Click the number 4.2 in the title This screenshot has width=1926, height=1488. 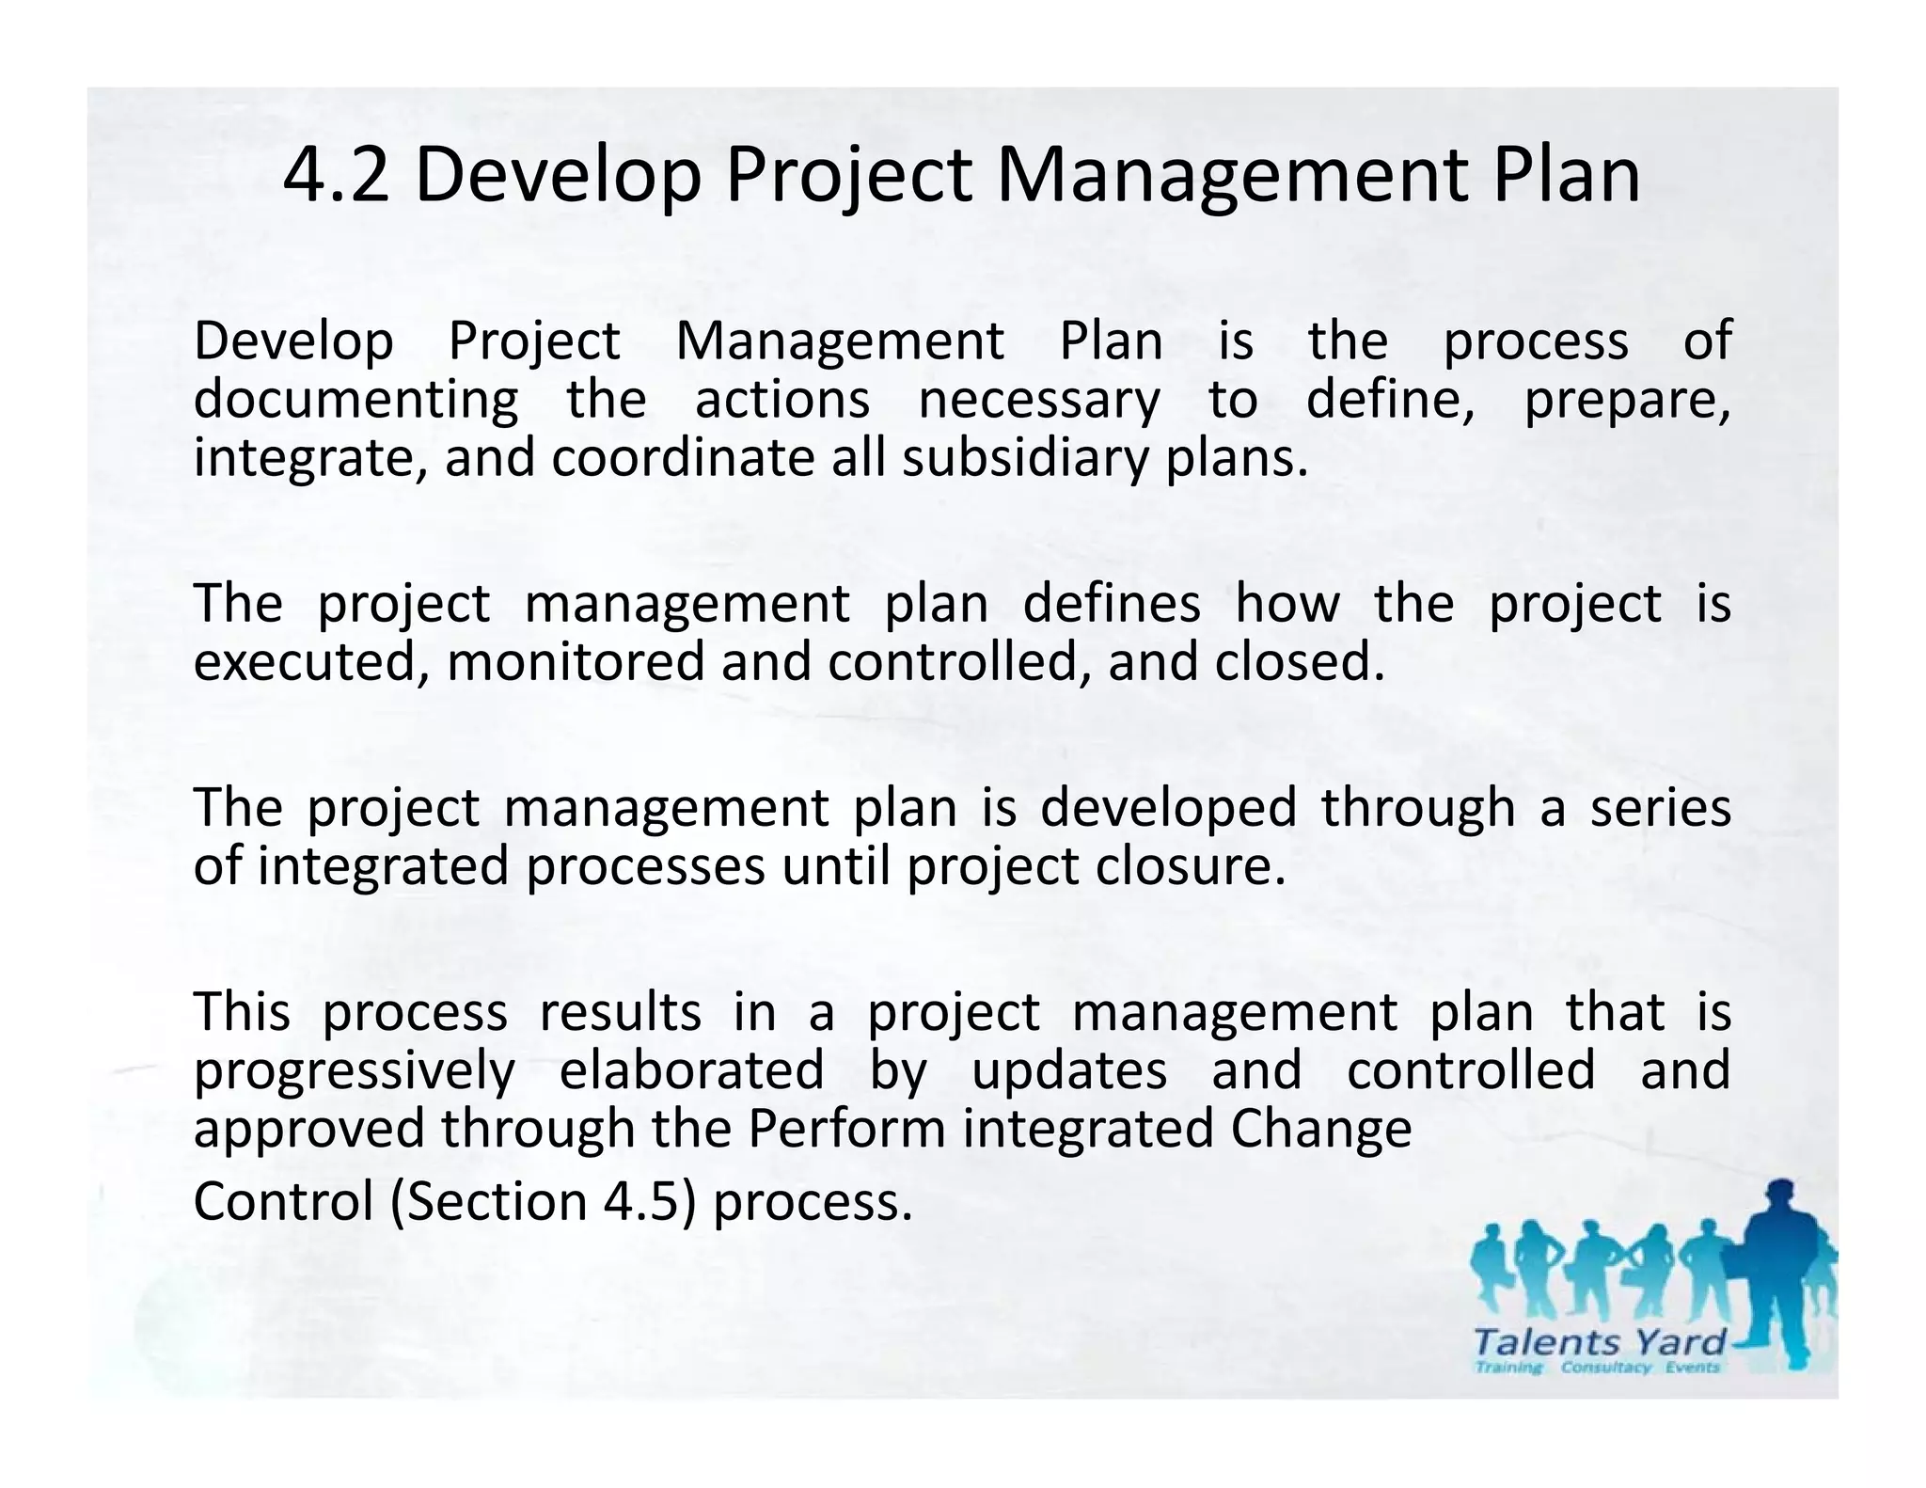336,176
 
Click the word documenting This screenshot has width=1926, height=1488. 355,400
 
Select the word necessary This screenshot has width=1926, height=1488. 1039,400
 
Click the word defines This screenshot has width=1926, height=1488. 1112,603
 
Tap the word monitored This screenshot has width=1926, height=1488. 576,661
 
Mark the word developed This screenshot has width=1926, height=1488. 1168,807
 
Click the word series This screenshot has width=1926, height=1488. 1660,807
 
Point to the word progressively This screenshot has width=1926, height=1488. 355,1070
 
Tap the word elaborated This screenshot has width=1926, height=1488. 691,1070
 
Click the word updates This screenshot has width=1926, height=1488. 1069,1070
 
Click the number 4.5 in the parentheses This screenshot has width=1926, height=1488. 640,1202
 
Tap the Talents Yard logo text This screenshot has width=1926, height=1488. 1600,1340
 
